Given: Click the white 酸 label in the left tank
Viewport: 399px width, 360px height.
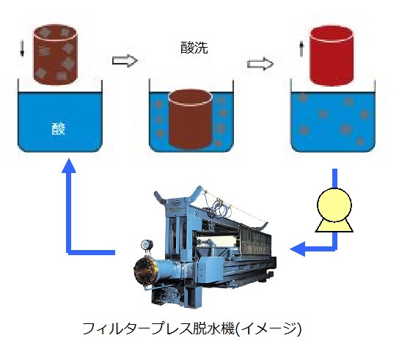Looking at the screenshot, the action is [59, 128].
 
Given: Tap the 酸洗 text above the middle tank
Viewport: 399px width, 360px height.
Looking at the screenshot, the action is [194, 48].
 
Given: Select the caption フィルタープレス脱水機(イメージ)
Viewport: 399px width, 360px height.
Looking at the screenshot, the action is [192, 328].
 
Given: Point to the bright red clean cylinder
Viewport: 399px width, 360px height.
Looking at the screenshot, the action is [332, 56].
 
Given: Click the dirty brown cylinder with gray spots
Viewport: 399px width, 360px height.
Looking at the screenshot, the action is [55, 54].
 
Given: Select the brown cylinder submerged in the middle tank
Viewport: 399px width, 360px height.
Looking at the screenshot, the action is [190, 119].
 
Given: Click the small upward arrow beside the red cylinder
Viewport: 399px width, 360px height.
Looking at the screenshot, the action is [301, 49].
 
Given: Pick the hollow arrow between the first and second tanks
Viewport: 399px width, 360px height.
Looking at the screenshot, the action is [125, 61].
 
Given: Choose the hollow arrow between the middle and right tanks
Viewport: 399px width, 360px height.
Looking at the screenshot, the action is [260, 63].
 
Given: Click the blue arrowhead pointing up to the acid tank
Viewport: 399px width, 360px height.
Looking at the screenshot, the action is [69, 166].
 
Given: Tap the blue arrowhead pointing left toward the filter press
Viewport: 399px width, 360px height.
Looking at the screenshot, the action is [298, 249].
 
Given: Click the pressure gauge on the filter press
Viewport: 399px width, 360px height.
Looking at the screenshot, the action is [147, 245].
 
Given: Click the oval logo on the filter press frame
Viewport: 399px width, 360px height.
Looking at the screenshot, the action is [175, 203].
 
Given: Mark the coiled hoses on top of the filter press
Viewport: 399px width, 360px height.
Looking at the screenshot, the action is [221, 207].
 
